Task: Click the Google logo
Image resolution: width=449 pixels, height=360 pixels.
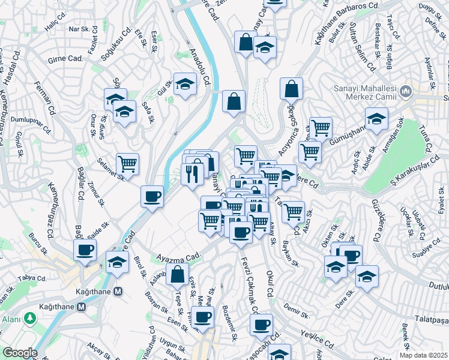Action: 19,353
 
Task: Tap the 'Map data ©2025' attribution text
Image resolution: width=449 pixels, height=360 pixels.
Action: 424,355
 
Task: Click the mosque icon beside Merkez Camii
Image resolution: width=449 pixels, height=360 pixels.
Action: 406,92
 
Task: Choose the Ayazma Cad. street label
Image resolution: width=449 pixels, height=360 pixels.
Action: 178,256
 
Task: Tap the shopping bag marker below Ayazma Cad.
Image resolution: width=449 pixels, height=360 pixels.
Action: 178,275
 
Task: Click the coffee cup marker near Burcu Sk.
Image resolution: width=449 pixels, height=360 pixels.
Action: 85,250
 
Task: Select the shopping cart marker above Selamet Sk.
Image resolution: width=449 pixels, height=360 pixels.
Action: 127,164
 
